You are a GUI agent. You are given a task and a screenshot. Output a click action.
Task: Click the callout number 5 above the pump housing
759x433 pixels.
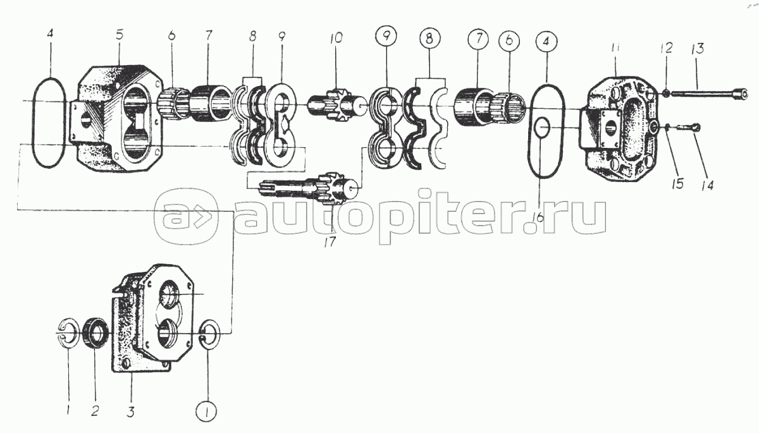pyautogui.click(x=120, y=35)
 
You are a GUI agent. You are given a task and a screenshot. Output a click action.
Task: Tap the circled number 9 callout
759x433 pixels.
pyautogui.click(x=386, y=35)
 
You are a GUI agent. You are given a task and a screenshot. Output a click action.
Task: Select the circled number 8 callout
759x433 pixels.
pyautogui.click(x=429, y=39)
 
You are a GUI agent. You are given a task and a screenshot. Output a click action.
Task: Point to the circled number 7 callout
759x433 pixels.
pyautogui.click(x=478, y=39)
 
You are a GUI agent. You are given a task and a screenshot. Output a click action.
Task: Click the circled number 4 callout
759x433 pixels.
pyautogui.click(x=546, y=42)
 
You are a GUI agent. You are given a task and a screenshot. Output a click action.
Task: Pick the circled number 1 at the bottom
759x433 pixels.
pyautogui.click(x=206, y=412)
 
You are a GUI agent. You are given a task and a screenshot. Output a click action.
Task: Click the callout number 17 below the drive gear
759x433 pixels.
pyautogui.click(x=330, y=242)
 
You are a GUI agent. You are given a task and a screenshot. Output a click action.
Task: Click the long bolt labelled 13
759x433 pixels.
pyautogui.click(x=709, y=94)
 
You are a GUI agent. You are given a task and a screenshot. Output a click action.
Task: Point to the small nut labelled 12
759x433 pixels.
pyautogui.click(x=665, y=93)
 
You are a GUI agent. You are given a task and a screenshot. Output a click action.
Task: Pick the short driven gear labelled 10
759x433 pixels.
pyautogui.click(x=338, y=106)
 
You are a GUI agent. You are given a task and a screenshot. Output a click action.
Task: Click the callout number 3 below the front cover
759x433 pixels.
pyautogui.click(x=130, y=412)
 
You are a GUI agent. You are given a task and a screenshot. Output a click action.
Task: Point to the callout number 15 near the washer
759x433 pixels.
pyautogui.click(x=677, y=183)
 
